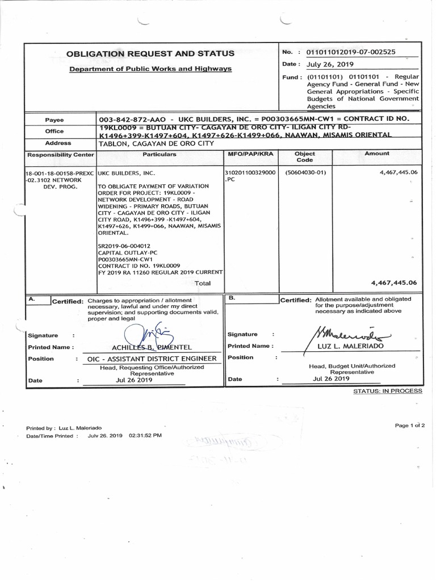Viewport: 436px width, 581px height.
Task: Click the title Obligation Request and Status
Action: pyautogui.click(x=150, y=53)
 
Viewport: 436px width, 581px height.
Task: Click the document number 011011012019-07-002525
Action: pyautogui.click(x=351, y=52)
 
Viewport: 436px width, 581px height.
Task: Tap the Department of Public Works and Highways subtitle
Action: pyautogui.click(x=150, y=69)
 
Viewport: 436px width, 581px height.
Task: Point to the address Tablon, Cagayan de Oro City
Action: pyautogui.click(x=156, y=144)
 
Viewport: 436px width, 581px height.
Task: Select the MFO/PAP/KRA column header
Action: pyautogui.click(x=250, y=154)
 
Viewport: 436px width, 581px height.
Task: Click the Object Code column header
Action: pyautogui.click(x=304, y=157)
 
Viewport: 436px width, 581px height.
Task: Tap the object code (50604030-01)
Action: pyautogui.click(x=305, y=172)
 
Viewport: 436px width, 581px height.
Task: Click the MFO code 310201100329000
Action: pyautogui.click(x=250, y=172)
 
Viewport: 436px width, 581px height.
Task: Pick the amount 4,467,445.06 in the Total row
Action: pyautogui.click(x=394, y=283)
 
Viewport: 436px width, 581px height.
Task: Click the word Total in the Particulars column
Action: pyautogui.click(x=203, y=283)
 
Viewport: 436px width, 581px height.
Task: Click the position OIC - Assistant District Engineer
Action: pyautogui.click(x=152, y=359)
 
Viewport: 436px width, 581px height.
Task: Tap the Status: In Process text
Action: pyautogui.click(x=388, y=391)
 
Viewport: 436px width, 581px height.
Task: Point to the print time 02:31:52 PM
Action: pyautogui.click(x=145, y=436)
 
